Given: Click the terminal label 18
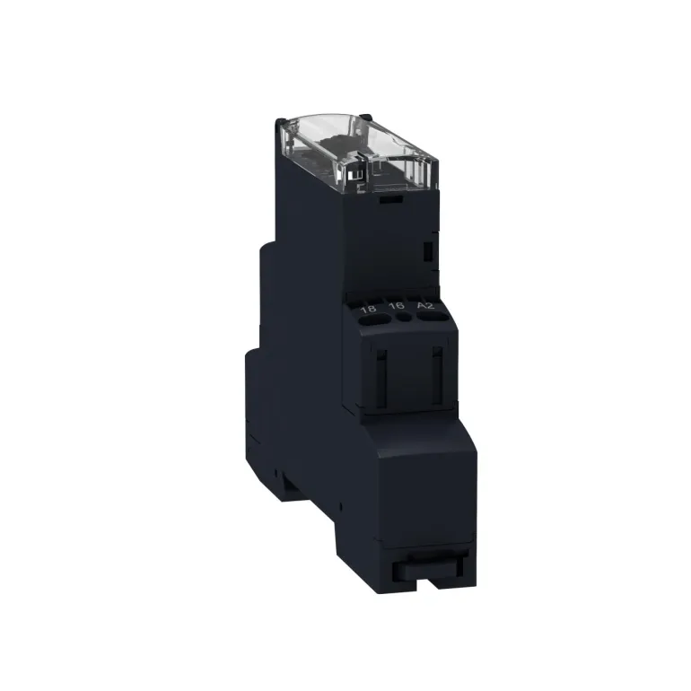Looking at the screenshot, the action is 369,309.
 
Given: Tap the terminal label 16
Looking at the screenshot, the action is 397,306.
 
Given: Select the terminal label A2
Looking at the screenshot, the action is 425,305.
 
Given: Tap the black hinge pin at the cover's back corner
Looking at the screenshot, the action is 365,116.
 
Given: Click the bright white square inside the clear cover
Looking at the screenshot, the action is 352,175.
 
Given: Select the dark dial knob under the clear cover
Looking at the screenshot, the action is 339,145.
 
